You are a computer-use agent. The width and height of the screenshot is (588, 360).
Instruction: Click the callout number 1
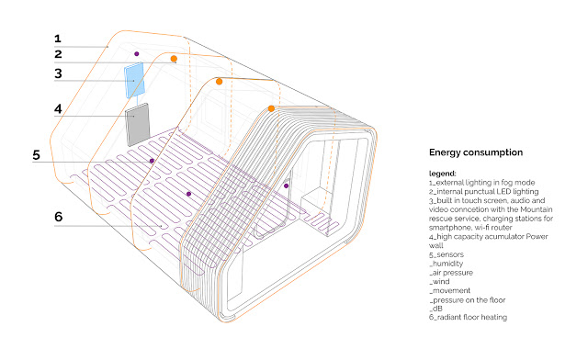[57, 39]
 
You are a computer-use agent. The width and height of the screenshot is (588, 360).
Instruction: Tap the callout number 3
[58, 73]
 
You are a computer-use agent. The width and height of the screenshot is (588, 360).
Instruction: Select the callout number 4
[58, 108]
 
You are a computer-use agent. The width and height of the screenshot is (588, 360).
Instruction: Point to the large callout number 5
[37, 155]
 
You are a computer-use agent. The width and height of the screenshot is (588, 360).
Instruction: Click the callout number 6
[59, 217]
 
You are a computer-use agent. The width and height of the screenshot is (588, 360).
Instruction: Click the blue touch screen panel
[134, 80]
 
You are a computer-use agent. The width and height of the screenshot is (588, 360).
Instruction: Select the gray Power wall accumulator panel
[137, 125]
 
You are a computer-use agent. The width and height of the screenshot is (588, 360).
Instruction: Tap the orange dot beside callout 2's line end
[174, 59]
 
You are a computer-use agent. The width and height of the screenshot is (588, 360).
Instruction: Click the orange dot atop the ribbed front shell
[271, 108]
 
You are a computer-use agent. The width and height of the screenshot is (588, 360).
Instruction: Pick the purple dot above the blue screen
[137, 54]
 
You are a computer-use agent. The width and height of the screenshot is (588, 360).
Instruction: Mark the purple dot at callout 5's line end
[152, 161]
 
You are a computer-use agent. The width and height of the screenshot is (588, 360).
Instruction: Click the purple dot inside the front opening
[286, 186]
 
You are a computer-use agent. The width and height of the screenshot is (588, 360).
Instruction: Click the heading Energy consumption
[476, 152]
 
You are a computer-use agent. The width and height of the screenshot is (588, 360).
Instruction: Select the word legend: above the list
[443, 174]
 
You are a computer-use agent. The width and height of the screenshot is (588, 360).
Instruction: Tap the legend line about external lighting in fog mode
[481, 183]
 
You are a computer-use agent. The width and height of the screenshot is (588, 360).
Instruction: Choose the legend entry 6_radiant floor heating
[468, 317]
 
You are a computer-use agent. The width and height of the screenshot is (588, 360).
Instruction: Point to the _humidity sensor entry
[446, 264]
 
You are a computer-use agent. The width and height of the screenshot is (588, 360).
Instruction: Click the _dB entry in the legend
[435, 309]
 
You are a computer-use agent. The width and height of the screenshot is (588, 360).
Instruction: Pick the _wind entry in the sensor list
[439, 282]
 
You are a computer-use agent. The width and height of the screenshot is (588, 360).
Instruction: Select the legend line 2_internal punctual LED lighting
[484, 192]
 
